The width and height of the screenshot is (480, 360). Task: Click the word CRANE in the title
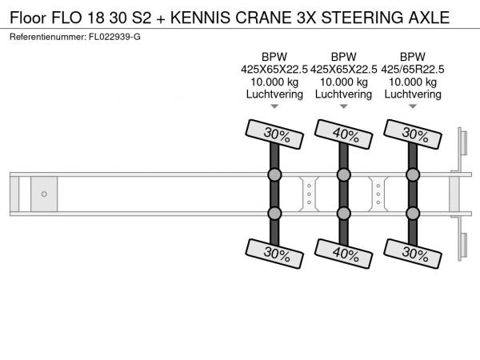point(263,18)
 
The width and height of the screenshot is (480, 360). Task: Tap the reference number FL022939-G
point(114,37)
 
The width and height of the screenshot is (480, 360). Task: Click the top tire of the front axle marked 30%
point(274,134)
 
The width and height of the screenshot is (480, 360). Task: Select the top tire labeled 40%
point(343,134)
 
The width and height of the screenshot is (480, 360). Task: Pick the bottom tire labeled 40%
point(343,254)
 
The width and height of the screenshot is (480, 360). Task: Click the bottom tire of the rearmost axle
point(413,254)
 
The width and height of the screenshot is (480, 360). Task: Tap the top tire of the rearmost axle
point(413,134)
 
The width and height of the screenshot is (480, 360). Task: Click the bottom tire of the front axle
point(274,254)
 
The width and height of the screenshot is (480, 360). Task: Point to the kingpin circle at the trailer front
point(44,194)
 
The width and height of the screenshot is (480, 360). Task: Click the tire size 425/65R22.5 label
point(413,70)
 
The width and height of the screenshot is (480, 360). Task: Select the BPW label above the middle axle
point(343,57)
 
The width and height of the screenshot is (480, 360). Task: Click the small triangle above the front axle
point(274,106)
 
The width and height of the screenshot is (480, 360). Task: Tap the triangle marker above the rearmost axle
point(413,106)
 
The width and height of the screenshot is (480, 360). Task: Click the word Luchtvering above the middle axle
point(343,94)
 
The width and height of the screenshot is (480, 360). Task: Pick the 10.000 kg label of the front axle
point(274,82)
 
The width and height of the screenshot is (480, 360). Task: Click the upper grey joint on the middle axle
point(343,174)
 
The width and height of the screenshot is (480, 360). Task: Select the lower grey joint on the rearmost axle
point(413,214)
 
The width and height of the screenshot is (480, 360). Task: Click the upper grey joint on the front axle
point(274,174)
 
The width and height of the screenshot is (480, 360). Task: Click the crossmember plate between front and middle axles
point(309,194)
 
